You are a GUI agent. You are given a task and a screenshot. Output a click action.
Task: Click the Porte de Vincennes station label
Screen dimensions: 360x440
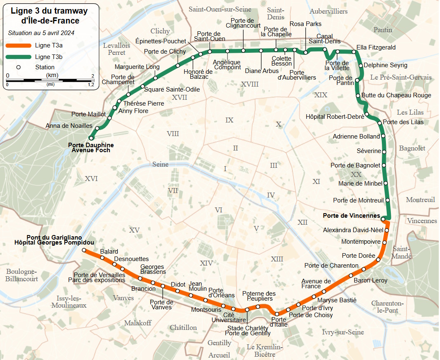[351, 215]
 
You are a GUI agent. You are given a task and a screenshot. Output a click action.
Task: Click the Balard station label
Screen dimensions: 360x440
[109, 252]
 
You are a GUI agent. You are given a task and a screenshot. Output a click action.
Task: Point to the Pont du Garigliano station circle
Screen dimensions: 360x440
[84, 250]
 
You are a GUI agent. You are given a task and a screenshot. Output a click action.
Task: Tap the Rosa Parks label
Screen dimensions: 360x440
[305, 24]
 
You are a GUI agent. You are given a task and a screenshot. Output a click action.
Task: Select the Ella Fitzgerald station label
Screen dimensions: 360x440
[376, 47]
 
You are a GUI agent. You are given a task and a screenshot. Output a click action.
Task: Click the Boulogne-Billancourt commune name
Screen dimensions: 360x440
[22, 275]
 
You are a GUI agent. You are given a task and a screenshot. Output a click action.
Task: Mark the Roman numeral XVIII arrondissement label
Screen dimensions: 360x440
[249, 84]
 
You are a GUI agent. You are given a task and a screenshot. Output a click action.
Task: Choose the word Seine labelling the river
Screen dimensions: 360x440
[161, 164]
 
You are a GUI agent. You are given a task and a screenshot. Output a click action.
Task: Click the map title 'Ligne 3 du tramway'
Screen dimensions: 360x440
[49, 11]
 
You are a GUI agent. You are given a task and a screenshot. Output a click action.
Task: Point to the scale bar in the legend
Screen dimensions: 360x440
[50, 80]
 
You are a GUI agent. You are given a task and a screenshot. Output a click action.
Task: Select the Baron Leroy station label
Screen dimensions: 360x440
[371, 280]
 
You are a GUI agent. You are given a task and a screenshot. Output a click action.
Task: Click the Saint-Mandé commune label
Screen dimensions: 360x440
[402, 252]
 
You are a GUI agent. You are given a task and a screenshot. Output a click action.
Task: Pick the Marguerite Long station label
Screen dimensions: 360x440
[137, 67]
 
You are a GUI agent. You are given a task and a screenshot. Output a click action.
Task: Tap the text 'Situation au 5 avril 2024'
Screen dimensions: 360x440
[41, 33]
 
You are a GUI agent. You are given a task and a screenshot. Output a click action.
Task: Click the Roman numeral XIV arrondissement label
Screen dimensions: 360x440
[206, 263]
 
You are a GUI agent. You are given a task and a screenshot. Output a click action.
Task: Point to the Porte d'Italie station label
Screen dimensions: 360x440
[279, 322]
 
